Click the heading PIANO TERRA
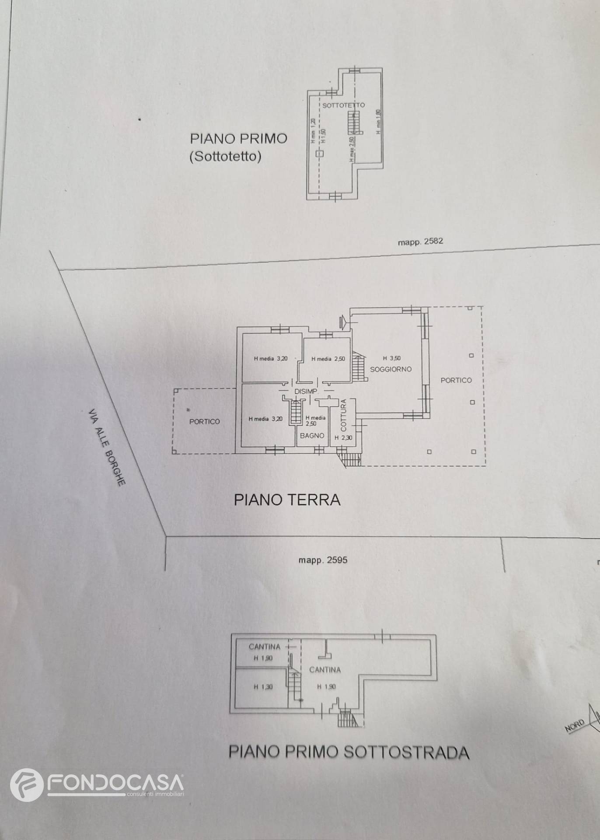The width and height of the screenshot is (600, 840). [287, 499]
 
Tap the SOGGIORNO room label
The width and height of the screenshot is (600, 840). [391, 369]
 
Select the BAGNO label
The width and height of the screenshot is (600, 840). [312, 436]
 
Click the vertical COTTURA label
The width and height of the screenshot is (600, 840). [344, 414]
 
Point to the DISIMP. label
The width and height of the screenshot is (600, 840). [306, 392]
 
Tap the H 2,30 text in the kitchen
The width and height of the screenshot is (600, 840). [343, 437]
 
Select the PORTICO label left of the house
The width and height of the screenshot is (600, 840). [204, 422]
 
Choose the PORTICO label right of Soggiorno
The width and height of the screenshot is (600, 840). [456, 380]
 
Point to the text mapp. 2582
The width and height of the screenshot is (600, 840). [420, 241]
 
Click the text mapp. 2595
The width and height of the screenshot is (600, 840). [323, 560]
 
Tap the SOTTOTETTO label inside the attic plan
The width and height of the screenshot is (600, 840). [343, 105]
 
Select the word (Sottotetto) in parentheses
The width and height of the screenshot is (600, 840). [225, 157]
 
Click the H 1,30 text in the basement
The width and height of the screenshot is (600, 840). [263, 687]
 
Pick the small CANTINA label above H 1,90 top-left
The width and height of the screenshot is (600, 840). [264, 647]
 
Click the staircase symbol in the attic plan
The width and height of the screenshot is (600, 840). [353, 122]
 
